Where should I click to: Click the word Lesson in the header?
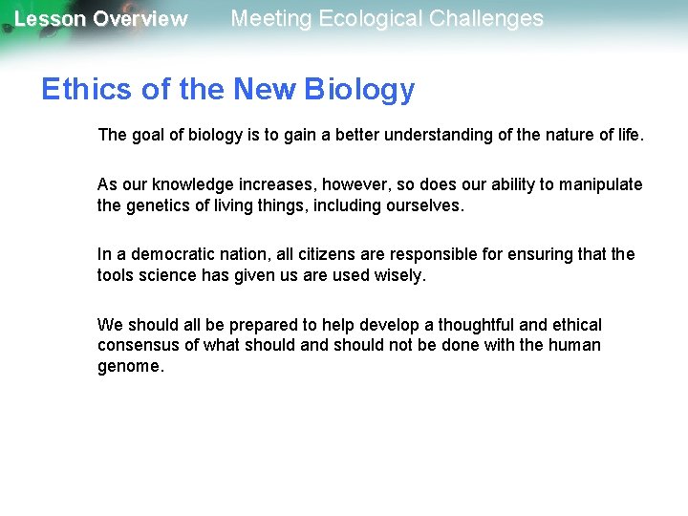(x=49, y=19)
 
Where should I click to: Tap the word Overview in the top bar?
(x=140, y=19)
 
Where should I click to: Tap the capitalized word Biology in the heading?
(x=359, y=90)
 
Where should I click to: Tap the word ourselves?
(x=422, y=205)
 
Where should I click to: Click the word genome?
(x=130, y=367)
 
